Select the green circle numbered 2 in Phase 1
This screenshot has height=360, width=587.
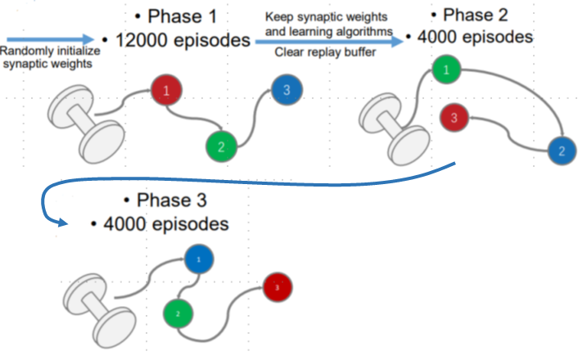pos(221,146)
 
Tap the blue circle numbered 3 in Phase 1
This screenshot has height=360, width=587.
pos(286,91)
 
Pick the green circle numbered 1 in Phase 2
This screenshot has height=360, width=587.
pos(446,70)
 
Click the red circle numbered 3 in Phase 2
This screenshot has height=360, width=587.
pos(454,117)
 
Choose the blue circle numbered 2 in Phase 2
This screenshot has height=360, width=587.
pos(561,151)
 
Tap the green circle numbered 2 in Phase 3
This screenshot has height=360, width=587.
pos(177,313)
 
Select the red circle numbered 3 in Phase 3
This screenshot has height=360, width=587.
pos(278,287)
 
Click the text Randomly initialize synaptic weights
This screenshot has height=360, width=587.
pos(47,57)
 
